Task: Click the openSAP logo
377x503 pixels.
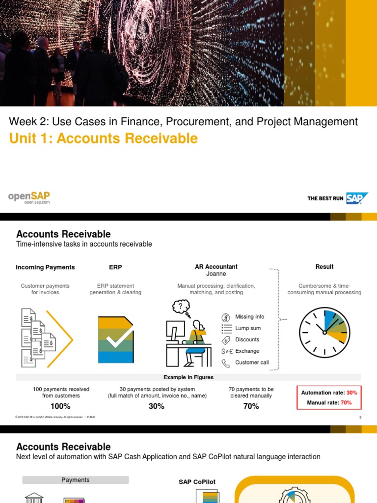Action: (x=29, y=198)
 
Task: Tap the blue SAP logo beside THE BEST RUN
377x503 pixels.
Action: (x=357, y=198)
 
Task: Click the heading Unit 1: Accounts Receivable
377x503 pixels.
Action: (x=103, y=139)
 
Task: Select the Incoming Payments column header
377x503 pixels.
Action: (x=45, y=267)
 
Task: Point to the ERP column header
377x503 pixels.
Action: (x=115, y=267)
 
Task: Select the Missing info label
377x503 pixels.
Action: (x=249, y=317)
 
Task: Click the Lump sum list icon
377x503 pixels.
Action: (x=226, y=328)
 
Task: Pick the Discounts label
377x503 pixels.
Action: (x=247, y=339)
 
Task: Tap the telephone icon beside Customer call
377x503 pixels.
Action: (x=226, y=363)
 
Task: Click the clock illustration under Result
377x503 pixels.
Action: (x=324, y=333)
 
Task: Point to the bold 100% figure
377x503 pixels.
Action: (x=60, y=406)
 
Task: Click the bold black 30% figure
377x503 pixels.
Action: (x=157, y=406)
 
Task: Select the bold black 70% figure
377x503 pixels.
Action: (x=251, y=406)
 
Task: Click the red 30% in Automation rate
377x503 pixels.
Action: (x=351, y=392)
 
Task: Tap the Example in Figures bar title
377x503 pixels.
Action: (x=188, y=377)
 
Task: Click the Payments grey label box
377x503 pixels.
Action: (x=76, y=480)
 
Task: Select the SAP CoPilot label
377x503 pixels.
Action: (x=197, y=482)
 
